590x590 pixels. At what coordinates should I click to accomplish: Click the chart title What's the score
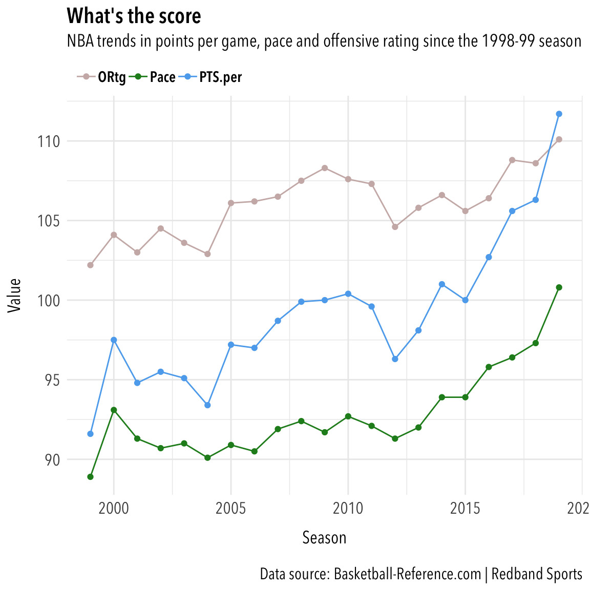coord(134,16)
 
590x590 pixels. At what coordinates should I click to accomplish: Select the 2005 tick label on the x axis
coord(231,509)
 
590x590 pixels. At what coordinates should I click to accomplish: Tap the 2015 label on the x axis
coord(465,509)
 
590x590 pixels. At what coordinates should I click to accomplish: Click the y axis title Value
coord(15,295)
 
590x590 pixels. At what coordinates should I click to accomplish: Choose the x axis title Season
coord(324,538)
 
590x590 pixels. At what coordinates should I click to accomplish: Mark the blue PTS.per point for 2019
coord(559,114)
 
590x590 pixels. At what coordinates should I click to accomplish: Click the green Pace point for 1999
coord(91,477)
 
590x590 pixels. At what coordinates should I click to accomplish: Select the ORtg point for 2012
coord(395,227)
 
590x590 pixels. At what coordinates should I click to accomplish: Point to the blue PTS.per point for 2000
coord(114,340)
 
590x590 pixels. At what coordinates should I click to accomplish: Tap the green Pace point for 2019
coord(559,287)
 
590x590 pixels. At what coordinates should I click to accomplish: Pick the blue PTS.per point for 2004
coord(207,405)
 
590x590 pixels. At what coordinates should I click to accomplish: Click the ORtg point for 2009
coord(325,168)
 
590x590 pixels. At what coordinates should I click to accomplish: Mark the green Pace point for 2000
coord(114,410)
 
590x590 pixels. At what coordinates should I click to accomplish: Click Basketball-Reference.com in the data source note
coord(407,574)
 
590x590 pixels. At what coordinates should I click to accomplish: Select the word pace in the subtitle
coord(279,41)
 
